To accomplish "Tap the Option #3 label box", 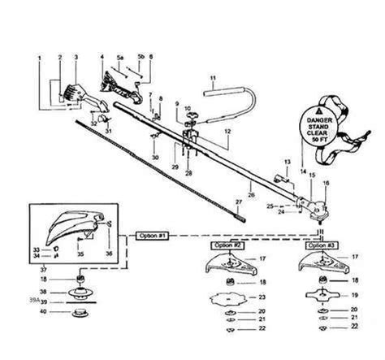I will [x=320, y=244].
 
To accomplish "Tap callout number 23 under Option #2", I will [x=260, y=296].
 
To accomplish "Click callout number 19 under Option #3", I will [x=352, y=295].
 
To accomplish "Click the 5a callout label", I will [x=119, y=58].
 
